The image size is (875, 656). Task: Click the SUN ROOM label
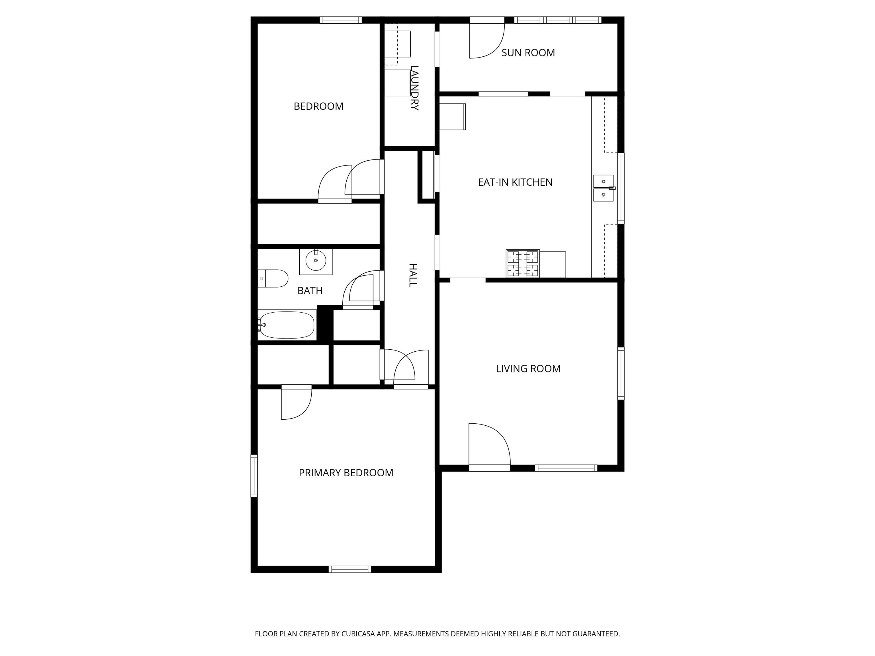pyautogui.click(x=528, y=53)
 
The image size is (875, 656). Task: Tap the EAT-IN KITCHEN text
pyautogui.click(x=515, y=182)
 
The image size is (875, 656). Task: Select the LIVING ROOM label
pyautogui.click(x=528, y=368)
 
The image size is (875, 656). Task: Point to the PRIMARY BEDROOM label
pyautogui.click(x=346, y=473)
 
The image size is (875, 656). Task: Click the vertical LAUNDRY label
pyautogui.click(x=414, y=88)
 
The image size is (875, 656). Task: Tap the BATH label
pyautogui.click(x=310, y=291)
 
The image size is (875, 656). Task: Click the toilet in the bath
pyautogui.click(x=273, y=278)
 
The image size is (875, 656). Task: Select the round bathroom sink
pyautogui.click(x=316, y=261)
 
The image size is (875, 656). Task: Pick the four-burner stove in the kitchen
pyautogui.click(x=523, y=264)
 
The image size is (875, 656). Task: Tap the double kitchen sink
pyautogui.click(x=603, y=188)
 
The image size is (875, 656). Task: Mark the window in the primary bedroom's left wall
pyautogui.click(x=254, y=476)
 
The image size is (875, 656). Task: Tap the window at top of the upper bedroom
pyautogui.click(x=341, y=20)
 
